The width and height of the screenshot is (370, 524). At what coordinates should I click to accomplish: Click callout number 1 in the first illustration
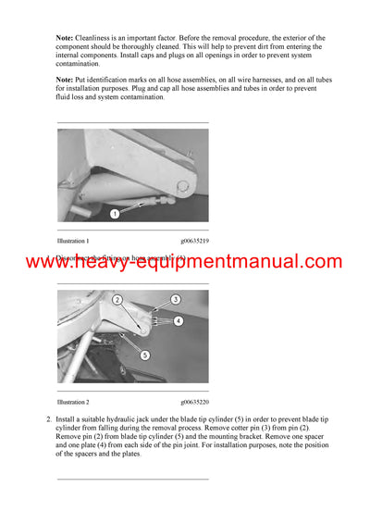click(x=114, y=214)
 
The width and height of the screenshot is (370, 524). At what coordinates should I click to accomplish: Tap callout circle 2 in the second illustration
click(x=117, y=300)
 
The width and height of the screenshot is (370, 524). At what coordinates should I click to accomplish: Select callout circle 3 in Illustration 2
click(x=175, y=300)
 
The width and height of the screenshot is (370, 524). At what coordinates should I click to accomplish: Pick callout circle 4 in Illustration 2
click(x=179, y=320)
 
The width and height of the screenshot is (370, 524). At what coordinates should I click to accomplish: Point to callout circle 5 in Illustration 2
click(x=143, y=354)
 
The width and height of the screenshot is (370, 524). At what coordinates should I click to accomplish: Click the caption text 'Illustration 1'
click(x=73, y=240)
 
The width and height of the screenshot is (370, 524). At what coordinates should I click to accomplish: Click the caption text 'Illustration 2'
click(x=73, y=402)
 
